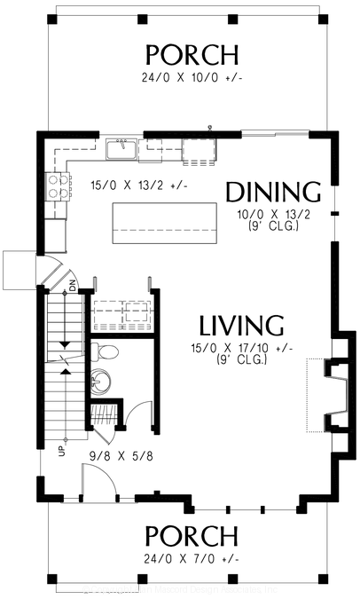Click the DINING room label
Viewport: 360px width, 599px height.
pos(272,192)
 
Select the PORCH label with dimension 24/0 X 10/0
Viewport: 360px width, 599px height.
pos(192,55)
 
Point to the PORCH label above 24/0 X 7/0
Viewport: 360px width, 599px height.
pos(192,537)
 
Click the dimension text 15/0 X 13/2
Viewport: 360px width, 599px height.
pos(127,185)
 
